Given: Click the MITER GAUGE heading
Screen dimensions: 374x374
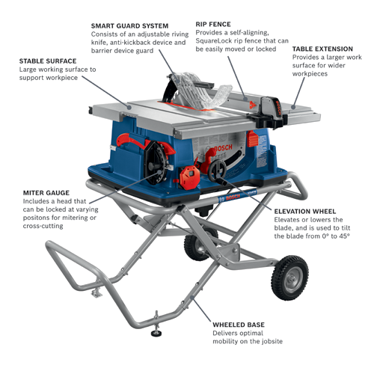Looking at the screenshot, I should [x=42, y=192].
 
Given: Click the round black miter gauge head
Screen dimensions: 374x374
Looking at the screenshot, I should [x=156, y=159].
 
